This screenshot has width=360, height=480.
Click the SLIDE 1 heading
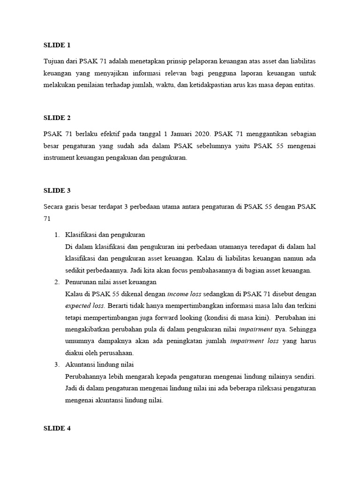coord(57,45)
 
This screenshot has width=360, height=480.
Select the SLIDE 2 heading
coord(57,118)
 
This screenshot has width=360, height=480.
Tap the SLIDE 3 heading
coord(57,190)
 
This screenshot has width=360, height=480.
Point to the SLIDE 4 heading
coord(57,428)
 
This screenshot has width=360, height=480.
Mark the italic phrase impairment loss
coord(255,341)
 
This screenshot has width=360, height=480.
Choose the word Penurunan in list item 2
coord(82,282)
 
